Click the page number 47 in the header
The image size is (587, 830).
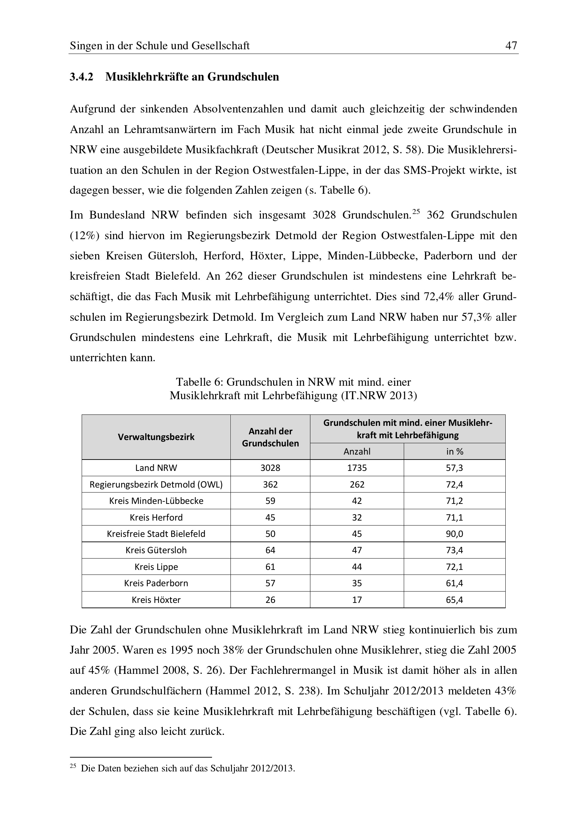click(511, 45)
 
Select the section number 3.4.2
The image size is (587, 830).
click(81, 77)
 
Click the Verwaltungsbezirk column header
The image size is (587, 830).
click(156, 437)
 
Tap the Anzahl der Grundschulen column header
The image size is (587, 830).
click(270, 437)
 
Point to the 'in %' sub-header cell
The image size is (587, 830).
click(454, 451)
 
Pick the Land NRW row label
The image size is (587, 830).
click(156, 468)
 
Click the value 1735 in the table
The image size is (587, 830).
click(357, 468)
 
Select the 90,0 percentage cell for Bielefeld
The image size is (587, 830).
click(454, 534)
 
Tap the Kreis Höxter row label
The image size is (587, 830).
click(156, 600)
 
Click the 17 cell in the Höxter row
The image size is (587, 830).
click(357, 600)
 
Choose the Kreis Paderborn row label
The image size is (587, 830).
click(156, 583)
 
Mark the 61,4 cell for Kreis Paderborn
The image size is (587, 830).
click(454, 583)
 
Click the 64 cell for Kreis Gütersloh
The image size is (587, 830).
click(270, 550)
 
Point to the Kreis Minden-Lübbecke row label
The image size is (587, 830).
click(156, 501)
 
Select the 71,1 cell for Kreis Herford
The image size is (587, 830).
click(454, 517)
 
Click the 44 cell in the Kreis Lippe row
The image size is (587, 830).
click(357, 567)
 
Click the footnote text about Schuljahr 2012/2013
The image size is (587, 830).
click(188, 768)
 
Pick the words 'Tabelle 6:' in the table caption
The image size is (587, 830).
click(199, 382)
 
